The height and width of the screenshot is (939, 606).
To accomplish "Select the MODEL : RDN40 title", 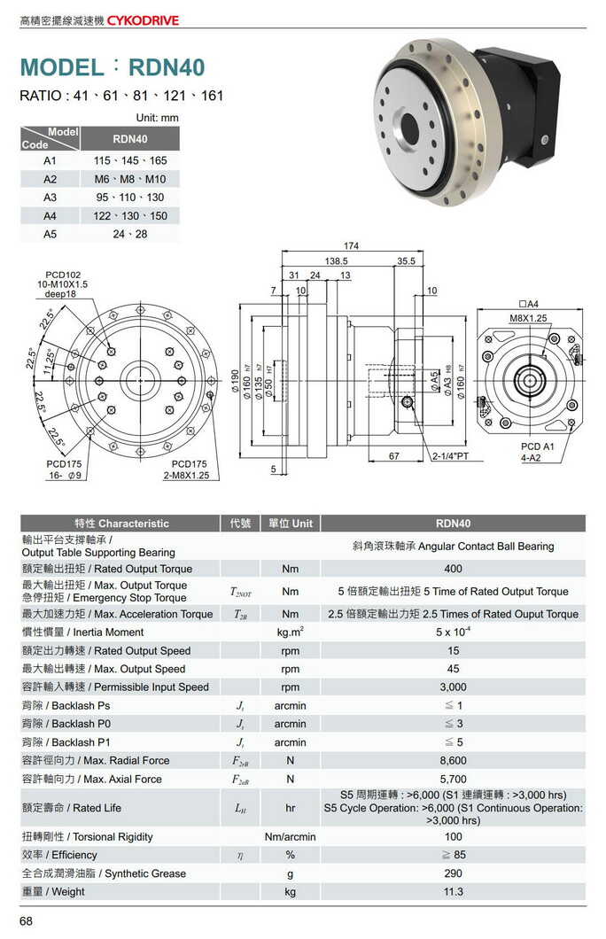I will pos(112,67).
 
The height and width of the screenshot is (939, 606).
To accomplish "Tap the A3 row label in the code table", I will pos(50,197).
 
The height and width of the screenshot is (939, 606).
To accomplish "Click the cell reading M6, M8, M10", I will pos(130,179).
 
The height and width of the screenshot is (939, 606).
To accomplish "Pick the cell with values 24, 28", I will pos(130,234).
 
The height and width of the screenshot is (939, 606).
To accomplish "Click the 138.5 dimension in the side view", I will pos(337,261).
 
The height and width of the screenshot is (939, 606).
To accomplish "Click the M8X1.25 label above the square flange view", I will pos(528,317).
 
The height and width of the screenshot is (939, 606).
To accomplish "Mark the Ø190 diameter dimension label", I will pos(235,384).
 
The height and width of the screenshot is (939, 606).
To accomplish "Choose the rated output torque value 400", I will pos(453,569).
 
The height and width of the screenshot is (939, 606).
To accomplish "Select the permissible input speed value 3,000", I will pos(453,687).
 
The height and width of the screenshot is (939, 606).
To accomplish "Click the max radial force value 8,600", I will pos(453,760).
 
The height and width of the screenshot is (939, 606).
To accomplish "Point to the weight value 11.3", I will pos(453,891).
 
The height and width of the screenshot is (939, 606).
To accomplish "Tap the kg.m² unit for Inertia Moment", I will pos(290,632).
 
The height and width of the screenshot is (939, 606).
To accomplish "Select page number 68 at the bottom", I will pos(27,922).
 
